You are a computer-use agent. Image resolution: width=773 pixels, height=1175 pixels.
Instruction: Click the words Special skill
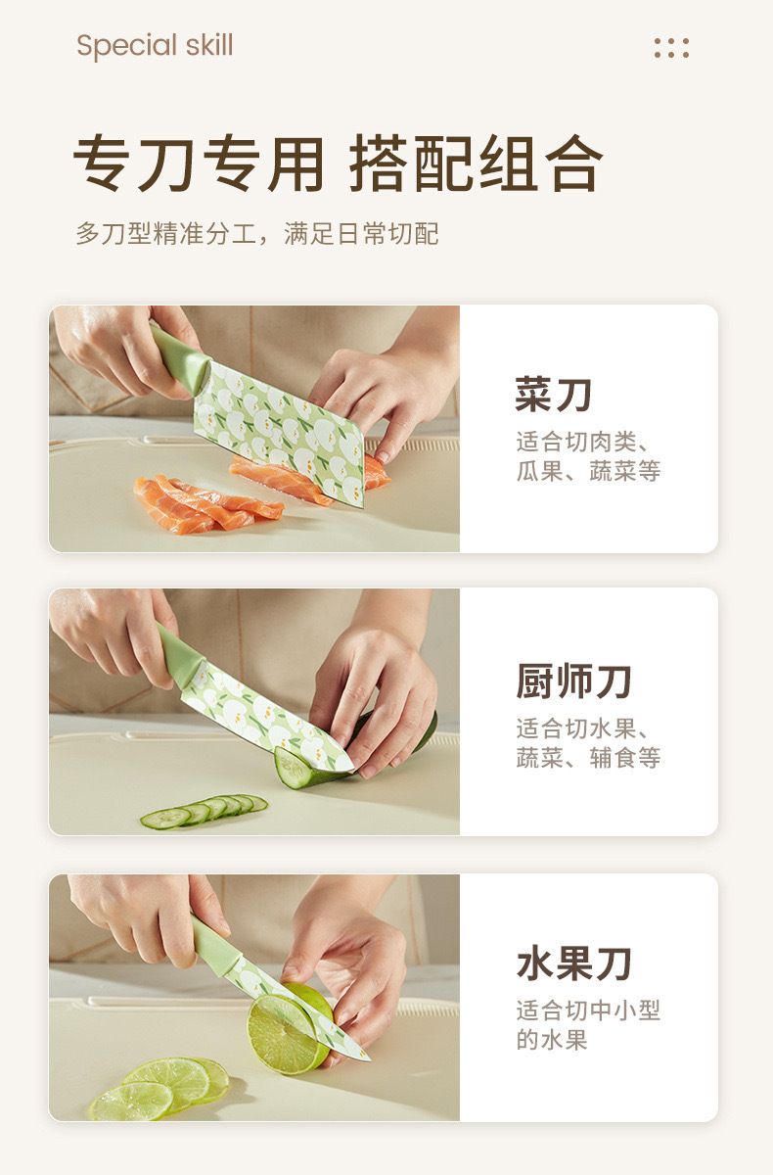pos(155,46)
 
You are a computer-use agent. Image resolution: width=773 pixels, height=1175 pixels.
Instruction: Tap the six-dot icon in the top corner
pos(671,48)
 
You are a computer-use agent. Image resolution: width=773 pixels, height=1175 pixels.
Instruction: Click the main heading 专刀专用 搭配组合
pos(338,164)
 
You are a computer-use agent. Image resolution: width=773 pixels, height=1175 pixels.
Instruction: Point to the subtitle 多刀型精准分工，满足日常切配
pos(257,233)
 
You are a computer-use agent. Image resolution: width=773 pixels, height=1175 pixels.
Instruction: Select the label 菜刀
pos(554,394)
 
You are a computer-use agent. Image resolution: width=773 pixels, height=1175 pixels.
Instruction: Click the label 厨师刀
pos(573,681)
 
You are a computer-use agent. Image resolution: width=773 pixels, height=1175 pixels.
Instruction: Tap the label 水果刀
pos(573,963)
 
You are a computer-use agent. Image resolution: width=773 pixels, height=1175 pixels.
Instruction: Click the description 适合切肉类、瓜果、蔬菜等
pos(588,456)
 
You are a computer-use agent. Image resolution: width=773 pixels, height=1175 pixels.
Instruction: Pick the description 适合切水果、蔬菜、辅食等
pos(588,743)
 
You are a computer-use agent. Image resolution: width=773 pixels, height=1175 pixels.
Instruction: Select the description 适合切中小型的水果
pos(588,1025)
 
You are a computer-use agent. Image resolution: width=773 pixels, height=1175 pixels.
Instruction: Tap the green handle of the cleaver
pos(179,360)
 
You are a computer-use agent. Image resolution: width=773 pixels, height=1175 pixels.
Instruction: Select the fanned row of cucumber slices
pos(204,812)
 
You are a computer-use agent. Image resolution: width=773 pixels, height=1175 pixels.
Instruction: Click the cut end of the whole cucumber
pos(292,769)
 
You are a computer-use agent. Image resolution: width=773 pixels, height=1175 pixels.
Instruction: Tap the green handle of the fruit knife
pos(215,943)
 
